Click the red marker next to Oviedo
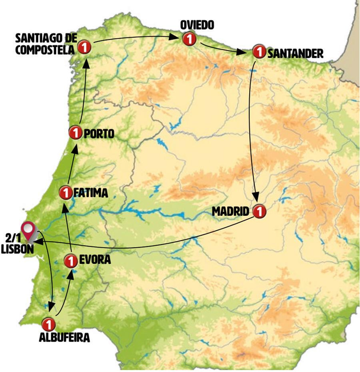pos(188,39)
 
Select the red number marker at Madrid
pos(259,211)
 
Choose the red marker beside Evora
pos(70,261)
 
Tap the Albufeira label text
pos(64,337)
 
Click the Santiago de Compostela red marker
pos(84,47)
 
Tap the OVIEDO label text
pos(197,25)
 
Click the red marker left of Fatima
pos(65,193)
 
